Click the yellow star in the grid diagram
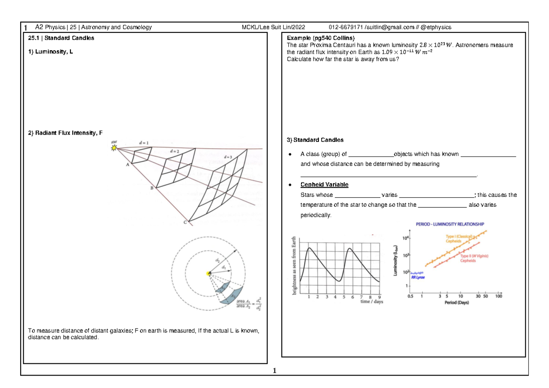tap(114, 147)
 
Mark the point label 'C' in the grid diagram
tap(185, 222)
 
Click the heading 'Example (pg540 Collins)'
tap(320, 38)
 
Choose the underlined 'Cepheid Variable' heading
tap(324, 184)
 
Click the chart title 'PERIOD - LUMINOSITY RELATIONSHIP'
tap(450, 224)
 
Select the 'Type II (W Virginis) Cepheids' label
tap(472, 259)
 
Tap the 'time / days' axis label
tap(371, 302)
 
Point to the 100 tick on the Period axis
tap(499, 296)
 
